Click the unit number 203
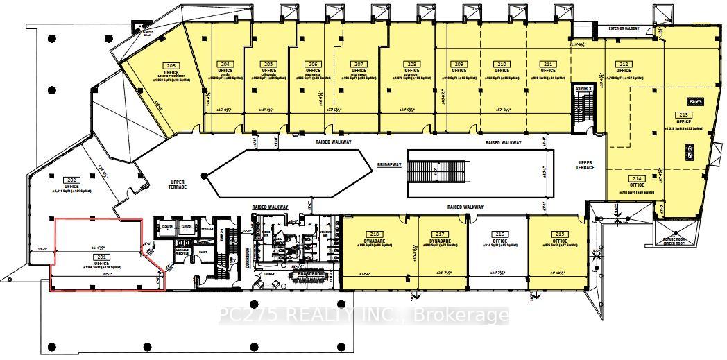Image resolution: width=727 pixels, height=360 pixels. pos(171,65)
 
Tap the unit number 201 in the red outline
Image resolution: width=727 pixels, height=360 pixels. pos(102,257)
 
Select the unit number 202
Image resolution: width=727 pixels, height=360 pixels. pos(71,179)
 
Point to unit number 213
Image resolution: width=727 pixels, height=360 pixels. pos(683,114)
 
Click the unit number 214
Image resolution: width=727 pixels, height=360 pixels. pos(637,178)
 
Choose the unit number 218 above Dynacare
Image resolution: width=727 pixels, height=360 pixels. pos(376,234)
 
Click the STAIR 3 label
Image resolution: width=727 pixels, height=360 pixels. pos(583,89)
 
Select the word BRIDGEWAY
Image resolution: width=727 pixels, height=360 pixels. pos(390,165)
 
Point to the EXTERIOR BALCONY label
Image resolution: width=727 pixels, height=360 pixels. pos(627,29)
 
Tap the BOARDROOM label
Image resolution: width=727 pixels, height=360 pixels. pos(307,273)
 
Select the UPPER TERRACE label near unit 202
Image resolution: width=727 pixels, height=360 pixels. pos(178,184)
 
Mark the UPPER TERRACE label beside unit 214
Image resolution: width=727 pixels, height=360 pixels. pos(585,166)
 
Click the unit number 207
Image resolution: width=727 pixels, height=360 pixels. pos(359,63)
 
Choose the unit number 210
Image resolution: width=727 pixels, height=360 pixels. pos(502,63)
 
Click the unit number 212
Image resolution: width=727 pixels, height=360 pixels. pos(624,63)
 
